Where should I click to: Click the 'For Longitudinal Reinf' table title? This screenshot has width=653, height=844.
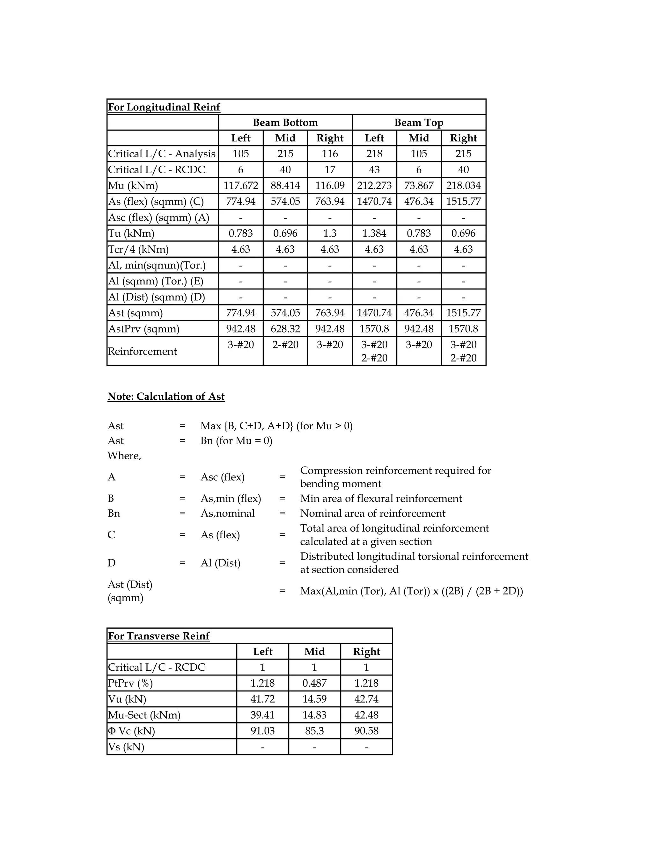click(x=164, y=107)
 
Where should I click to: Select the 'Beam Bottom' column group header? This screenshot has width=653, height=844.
click(x=285, y=123)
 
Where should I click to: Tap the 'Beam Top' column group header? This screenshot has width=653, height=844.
click(x=419, y=123)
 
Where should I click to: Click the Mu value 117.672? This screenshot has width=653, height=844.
click(x=241, y=185)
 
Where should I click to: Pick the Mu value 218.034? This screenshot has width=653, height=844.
click(x=463, y=185)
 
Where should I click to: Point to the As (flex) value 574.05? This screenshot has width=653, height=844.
click(x=285, y=201)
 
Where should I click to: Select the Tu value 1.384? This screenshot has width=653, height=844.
click(x=374, y=233)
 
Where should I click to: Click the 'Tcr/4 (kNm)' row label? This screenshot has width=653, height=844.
click(x=138, y=249)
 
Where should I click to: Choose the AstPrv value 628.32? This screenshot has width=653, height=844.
click(x=285, y=329)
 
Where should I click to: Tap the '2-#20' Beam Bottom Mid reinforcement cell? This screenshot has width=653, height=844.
click(x=285, y=345)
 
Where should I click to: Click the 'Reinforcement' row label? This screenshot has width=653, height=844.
click(x=142, y=351)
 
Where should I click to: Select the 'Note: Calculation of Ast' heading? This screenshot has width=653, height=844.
click(x=166, y=397)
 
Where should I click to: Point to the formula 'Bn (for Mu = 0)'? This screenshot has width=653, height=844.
click(x=236, y=440)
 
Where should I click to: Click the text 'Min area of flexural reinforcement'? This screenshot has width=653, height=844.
click(x=381, y=498)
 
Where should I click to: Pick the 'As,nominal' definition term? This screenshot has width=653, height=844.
click(x=227, y=513)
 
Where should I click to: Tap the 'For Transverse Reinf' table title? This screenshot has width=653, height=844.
click(x=158, y=636)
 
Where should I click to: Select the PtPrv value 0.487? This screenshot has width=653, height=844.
click(x=314, y=683)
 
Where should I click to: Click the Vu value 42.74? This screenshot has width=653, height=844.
click(x=366, y=699)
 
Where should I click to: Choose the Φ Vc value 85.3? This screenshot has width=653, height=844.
click(x=314, y=731)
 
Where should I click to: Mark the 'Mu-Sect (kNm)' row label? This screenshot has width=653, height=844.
click(x=144, y=715)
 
